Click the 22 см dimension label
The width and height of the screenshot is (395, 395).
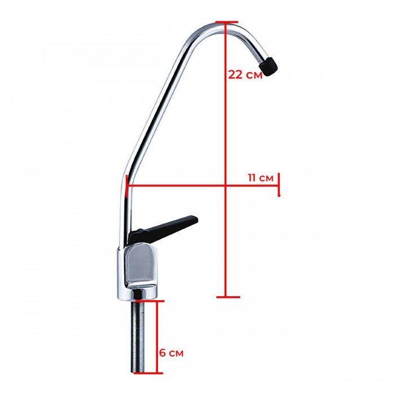(x=245, y=74)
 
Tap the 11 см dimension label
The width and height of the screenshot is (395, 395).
(x=261, y=178)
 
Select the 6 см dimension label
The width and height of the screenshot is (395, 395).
(x=170, y=353)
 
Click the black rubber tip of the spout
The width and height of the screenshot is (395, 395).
(x=271, y=65)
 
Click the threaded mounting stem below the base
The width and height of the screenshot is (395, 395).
(x=140, y=336)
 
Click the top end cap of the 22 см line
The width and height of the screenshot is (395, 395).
(x=225, y=23)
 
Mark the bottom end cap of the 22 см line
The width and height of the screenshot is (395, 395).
(x=225, y=297)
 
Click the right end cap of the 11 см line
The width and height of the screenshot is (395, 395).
(x=279, y=185)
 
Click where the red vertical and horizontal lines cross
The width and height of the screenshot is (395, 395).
(x=225, y=185)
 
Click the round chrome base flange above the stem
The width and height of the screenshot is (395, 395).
(x=140, y=293)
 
